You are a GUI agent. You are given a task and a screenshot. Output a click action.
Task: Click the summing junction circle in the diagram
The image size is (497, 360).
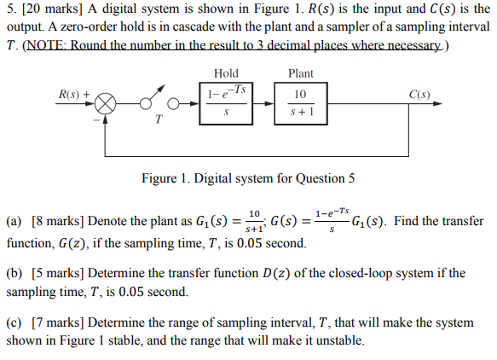[105, 106]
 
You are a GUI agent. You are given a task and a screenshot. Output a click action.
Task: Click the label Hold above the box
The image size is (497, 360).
[226, 73]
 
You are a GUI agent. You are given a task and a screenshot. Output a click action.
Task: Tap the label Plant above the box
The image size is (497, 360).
[301, 73]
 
